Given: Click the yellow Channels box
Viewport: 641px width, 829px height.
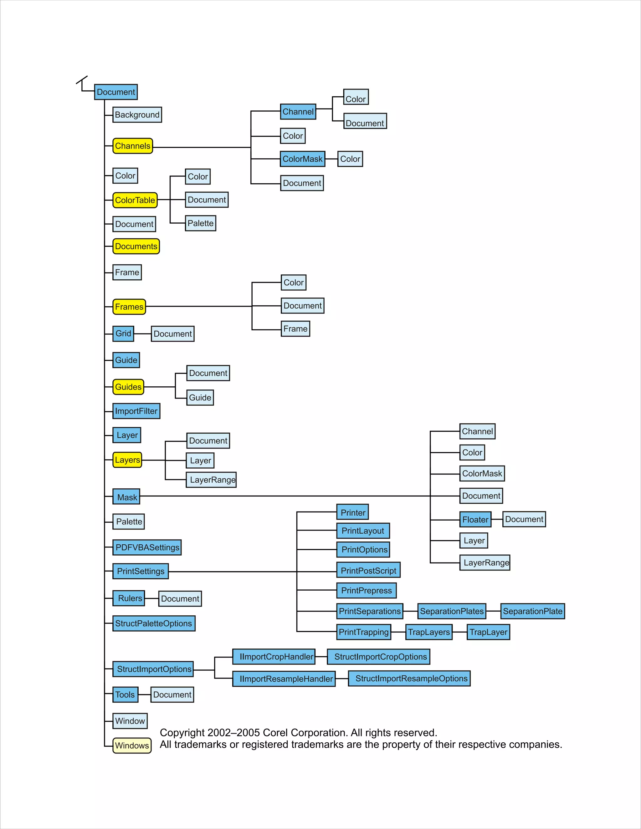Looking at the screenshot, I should coord(132,146).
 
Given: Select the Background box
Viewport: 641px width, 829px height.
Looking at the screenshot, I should coord(137,114).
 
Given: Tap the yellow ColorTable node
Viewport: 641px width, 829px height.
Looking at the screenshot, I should coord(135,200).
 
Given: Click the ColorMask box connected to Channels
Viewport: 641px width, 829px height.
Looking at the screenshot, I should coord(303,159).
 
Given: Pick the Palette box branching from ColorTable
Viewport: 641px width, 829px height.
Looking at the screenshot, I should coord(201,223).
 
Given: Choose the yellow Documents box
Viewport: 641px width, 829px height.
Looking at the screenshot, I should coord(136,246).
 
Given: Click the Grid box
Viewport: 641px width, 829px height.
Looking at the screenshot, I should coord(123,334).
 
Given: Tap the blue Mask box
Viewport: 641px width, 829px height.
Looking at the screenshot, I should coord(126,497).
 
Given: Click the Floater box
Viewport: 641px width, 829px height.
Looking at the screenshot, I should coord(475,520).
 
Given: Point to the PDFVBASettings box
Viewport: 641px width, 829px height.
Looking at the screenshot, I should coord(147,547).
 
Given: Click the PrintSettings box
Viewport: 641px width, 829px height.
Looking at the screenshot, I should coord(141,571).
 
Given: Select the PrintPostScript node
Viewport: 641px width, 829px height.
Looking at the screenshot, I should coord(368,570).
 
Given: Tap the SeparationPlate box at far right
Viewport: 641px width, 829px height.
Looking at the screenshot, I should coord(532,611).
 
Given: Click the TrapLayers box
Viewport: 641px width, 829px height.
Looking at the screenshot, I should coord(429,632).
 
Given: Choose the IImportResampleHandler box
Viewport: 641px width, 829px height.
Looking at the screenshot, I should coord(284,679).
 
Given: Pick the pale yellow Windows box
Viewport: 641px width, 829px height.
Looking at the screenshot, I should coord(132,745).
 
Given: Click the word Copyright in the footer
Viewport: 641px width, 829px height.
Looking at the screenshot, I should coord(182,733).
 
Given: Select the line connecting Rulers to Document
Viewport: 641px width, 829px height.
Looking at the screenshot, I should coord(152,598).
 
